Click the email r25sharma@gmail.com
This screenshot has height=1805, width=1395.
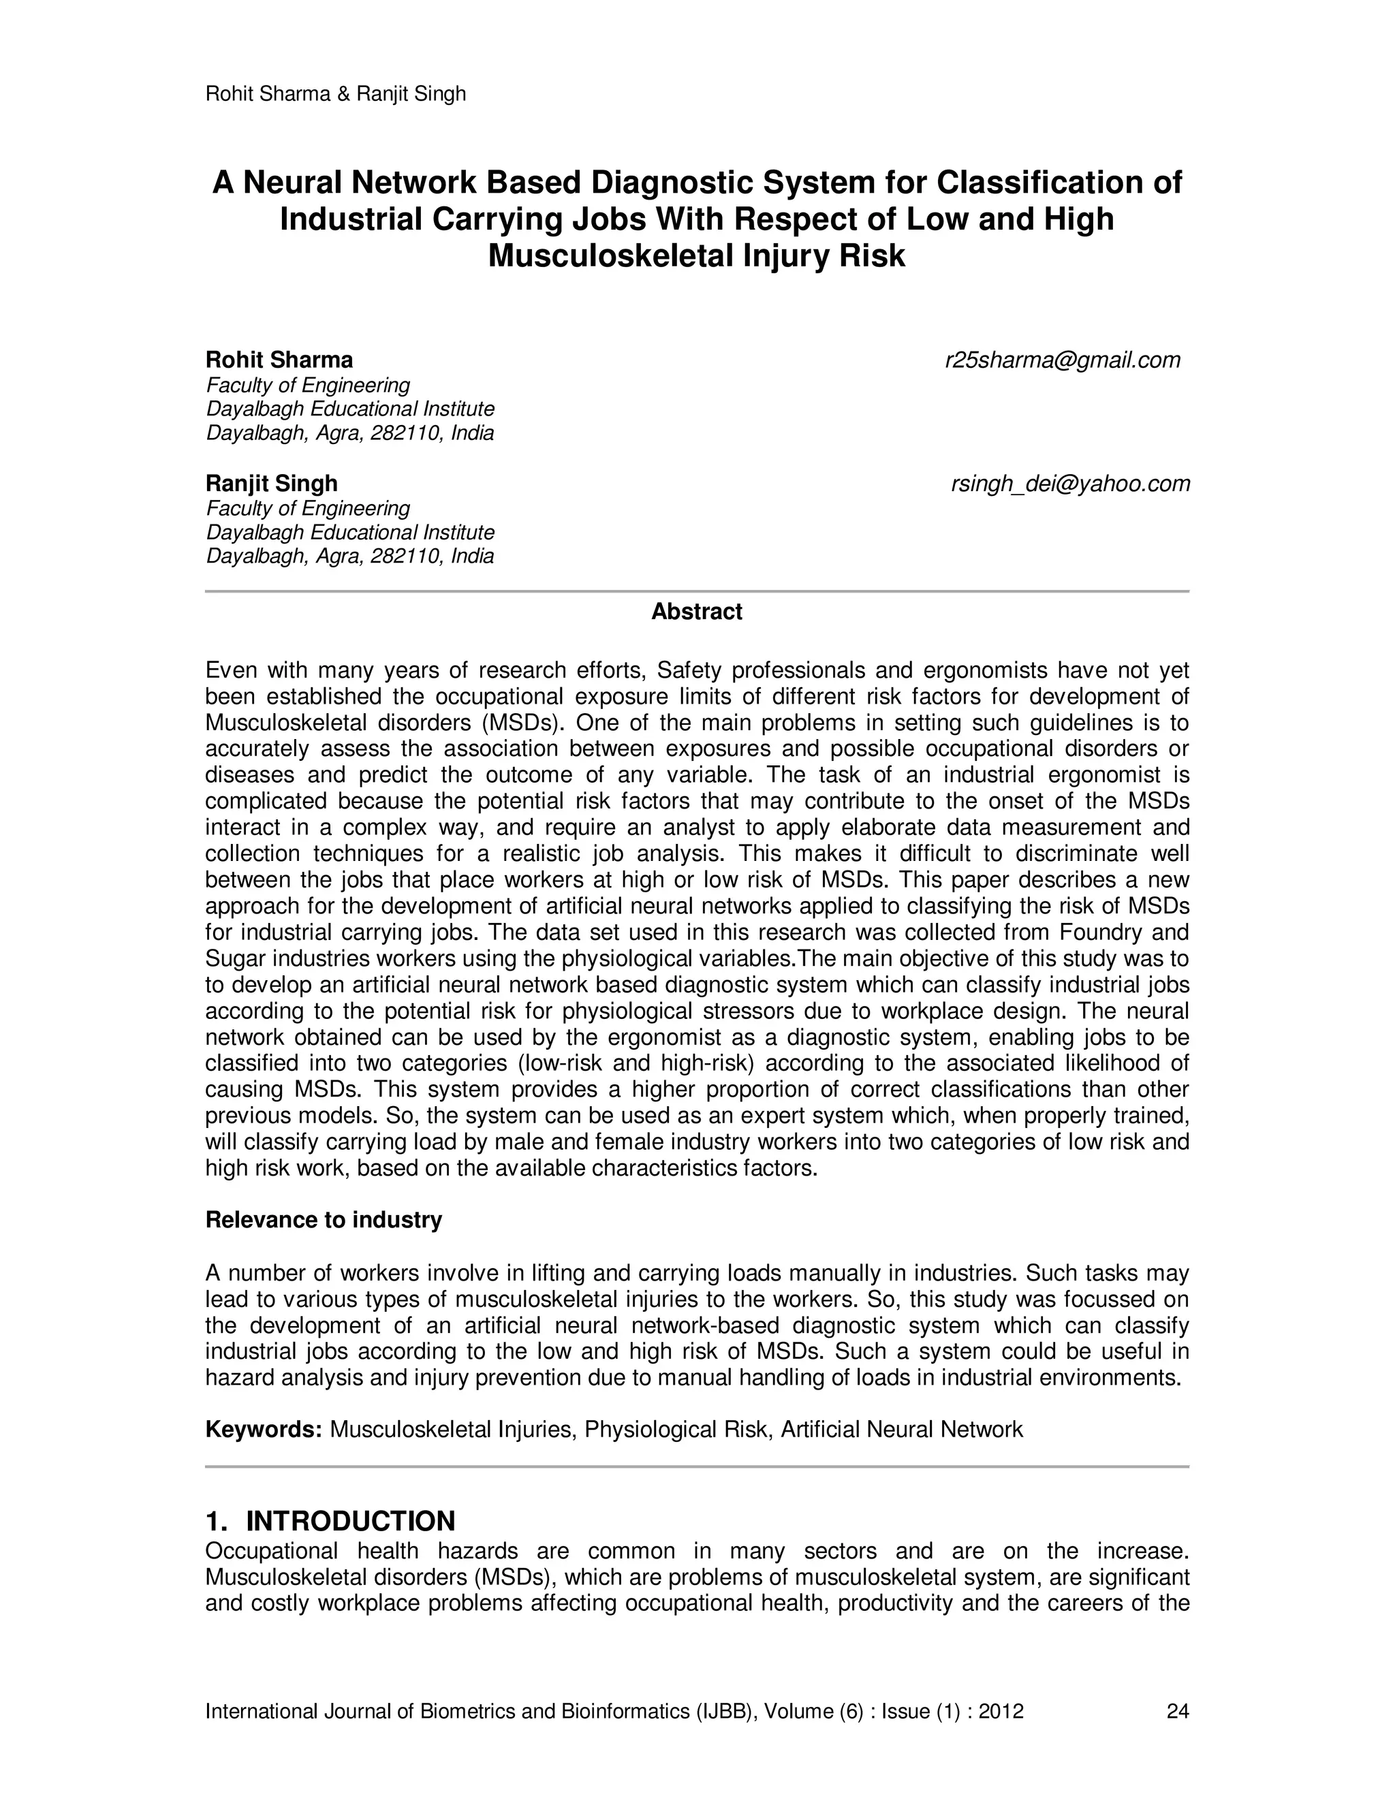click(1062, 360)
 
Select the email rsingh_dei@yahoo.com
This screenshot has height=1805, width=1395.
click(1070, 484)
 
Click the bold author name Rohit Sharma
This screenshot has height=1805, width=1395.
click(279, 360)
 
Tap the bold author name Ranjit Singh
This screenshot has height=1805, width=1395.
click(271, 484)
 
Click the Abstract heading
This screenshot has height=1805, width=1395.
click(697, 612)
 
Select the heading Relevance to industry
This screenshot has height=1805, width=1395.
click(323, 1220)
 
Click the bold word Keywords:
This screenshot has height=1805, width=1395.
click(264, 1430)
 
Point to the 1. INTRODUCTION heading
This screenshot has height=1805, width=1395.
click(330, 1521)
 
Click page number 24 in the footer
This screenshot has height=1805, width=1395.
click(1177, 1712)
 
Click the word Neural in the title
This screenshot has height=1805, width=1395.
click(292, 182)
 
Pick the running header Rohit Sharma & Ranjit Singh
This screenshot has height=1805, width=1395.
click(334, 94)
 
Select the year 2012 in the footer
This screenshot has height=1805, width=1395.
click(1001, 1712)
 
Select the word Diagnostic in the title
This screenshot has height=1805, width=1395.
click(671, 182)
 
